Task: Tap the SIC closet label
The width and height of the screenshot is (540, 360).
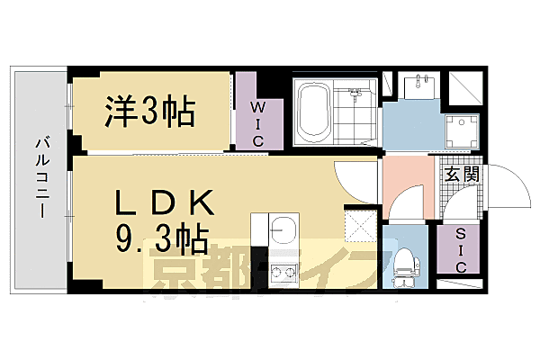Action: (461, 247)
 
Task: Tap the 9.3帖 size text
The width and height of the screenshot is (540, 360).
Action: (162, 239)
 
